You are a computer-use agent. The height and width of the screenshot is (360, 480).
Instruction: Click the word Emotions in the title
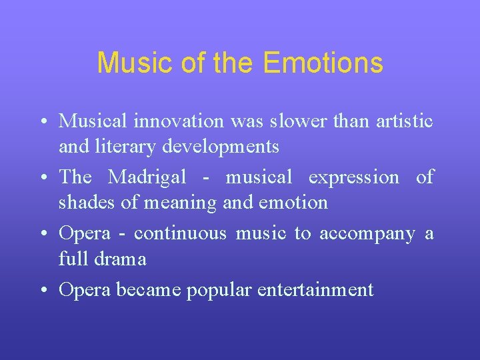click(x=323, y=63)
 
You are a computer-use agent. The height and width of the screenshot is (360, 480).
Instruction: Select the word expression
click(x=353, y=177)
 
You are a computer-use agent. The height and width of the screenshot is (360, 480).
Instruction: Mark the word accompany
click(x=367, y=234)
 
